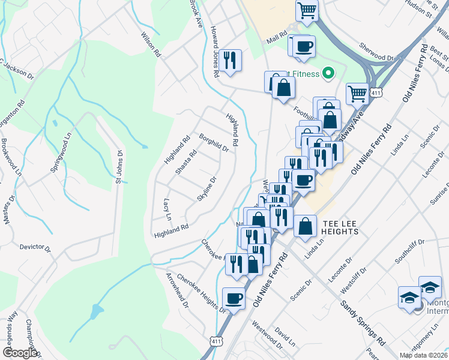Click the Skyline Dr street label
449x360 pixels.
click(206, 189)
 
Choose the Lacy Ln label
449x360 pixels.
click(167, 209)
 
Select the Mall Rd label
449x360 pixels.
click(278, 38)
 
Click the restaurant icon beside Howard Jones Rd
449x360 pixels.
click(230, 60)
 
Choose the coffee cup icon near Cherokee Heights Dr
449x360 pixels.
click(234, 298)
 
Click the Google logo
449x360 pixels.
click(19, 353)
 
